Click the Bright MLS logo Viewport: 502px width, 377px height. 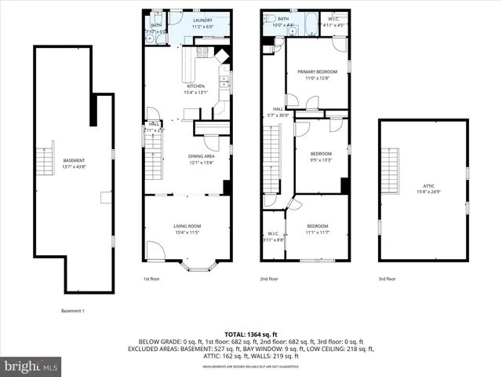32,366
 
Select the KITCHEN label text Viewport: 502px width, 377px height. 195,86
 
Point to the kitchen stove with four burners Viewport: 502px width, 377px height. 202,53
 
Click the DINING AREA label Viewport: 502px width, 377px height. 202,156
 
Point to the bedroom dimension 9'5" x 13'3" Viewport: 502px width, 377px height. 321,159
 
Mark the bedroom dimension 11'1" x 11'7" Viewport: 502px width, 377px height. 317,232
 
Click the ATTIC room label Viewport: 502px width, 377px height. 428,185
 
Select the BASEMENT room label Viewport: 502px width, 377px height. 53,160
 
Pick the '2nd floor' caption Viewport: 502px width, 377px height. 269,279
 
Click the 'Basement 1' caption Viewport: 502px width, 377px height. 72,311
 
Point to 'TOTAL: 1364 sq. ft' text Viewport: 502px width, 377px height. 251,335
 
